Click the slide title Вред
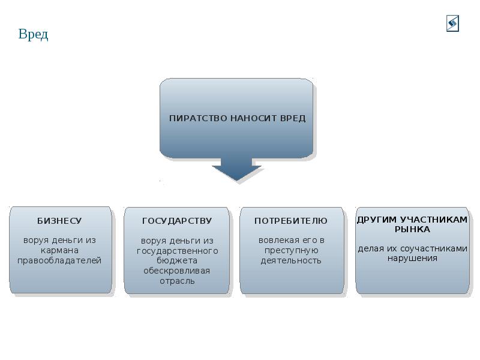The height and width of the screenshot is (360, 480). click(x=33, y=34)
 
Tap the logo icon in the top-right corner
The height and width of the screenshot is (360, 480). click(x=452, y=23)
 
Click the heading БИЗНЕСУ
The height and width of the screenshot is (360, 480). click(x=59, y=221)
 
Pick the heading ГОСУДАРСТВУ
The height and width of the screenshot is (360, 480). click(x=177, y=221)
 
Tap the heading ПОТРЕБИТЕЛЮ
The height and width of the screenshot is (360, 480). click(x=291, y=221)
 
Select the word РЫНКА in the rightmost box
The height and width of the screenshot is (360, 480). click(x=412, y=229)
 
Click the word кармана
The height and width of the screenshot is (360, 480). click(x=59, y=250)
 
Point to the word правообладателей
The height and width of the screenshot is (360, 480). click(x=59, y=260)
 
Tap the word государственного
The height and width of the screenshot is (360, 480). click(x=177, y=251)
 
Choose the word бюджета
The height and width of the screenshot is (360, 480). click(x=177, y=261)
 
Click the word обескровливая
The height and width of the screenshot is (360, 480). click(x=177, y=271)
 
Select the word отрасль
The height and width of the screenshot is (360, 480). click(x=177, y=281)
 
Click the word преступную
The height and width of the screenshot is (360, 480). click(x=291, y=250)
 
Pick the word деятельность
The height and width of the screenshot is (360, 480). click(x=291, y=260)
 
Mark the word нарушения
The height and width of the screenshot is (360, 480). click(x=412, y=259)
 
